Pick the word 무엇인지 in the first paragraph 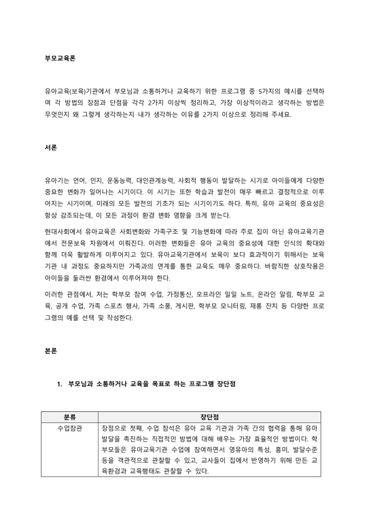pyautogui.click(x=55, y=114)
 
